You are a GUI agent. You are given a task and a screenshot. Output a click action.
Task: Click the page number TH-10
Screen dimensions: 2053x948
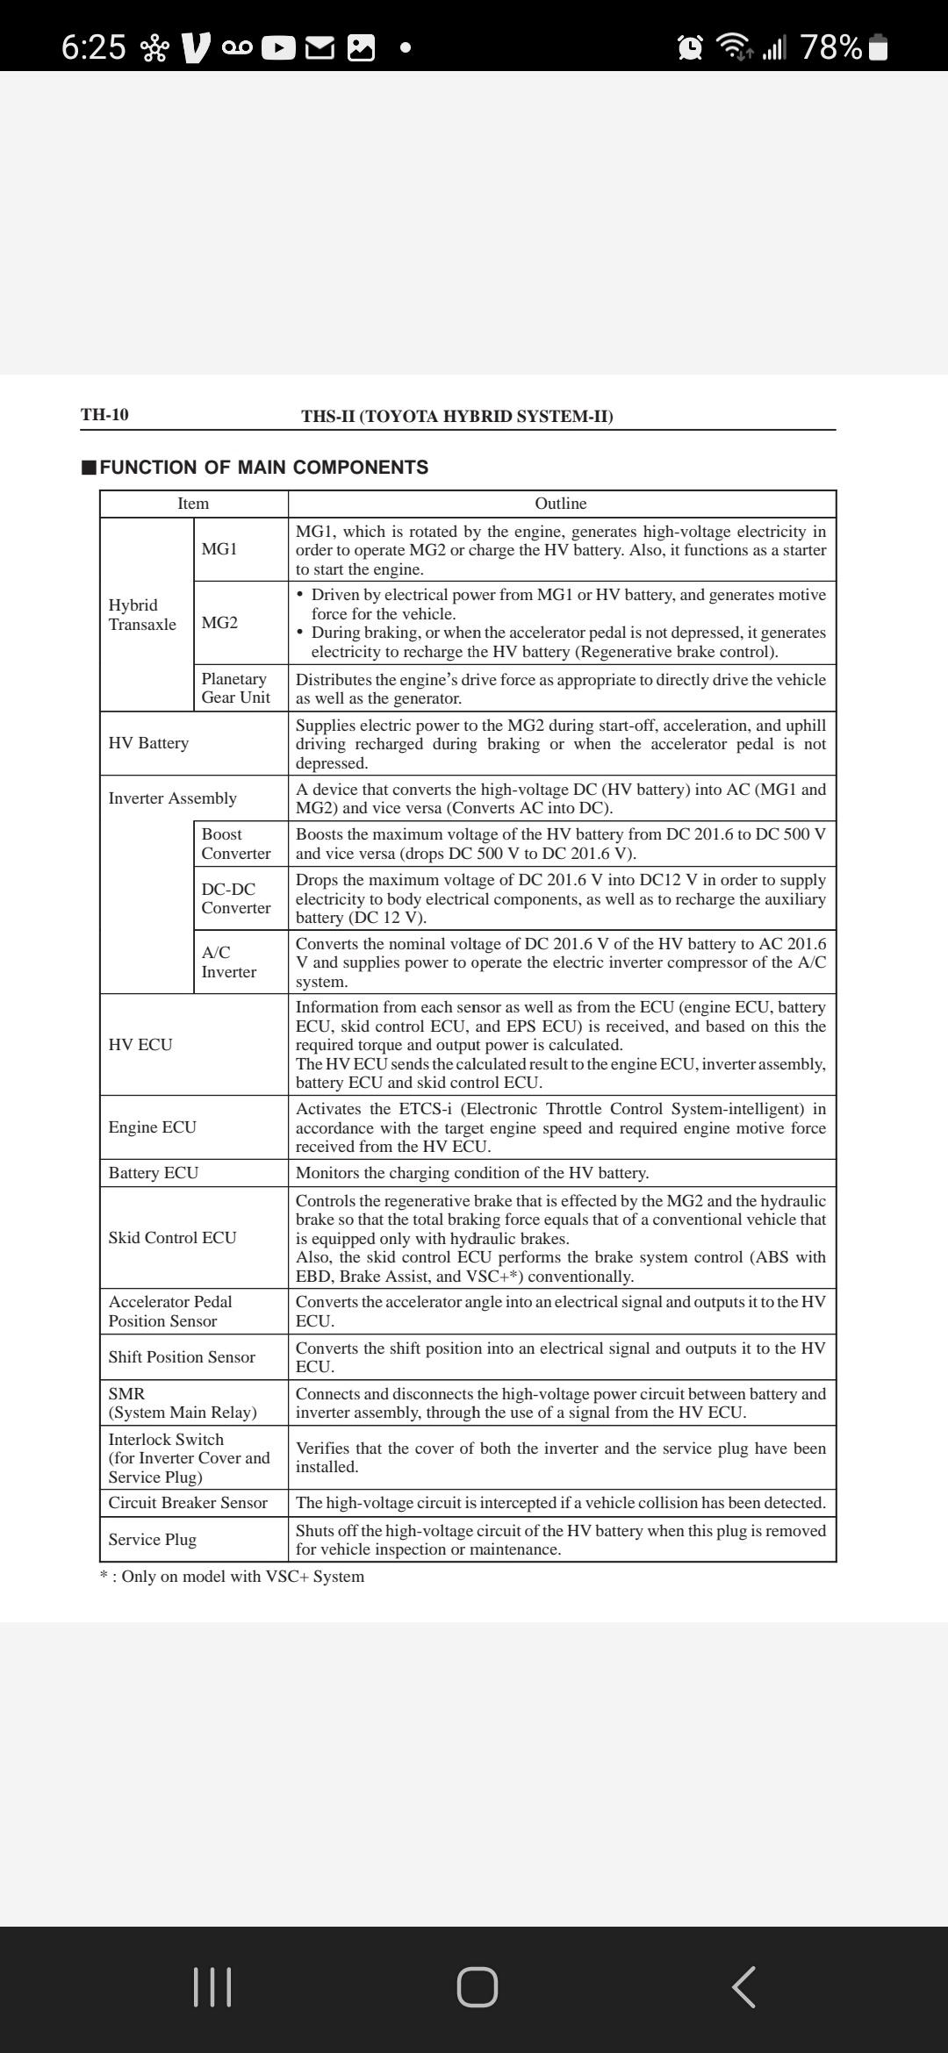[x=104, y=414]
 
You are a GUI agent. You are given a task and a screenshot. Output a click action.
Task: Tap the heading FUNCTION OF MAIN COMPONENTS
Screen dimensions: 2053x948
[x=263, y=467]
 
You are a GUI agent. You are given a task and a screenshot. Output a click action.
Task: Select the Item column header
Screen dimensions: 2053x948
[x=193, y=504]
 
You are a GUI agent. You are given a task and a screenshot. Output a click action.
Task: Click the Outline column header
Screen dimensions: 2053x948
[x=561, y=504]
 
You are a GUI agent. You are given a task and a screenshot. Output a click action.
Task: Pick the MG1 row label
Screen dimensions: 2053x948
[x=219, y=549]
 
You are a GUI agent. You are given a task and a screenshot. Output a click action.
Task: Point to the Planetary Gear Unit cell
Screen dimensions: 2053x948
[x=235, y=688]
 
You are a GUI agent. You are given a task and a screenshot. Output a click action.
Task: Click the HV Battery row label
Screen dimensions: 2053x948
[x=148, y=743]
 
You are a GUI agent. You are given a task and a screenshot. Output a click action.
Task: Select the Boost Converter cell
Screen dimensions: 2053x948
[x=235, y=843]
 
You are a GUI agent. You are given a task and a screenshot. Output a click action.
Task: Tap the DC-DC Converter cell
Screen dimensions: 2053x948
[x=235, y=898]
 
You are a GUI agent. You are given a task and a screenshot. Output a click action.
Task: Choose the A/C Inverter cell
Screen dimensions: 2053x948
[x=228, y=962]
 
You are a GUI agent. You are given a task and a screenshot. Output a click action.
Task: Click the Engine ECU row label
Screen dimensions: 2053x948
[x=152, y=1127]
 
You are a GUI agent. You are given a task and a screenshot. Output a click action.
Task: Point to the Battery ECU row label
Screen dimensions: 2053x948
[x=154, y=1173]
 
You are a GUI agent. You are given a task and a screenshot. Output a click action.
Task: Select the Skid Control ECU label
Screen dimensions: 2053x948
[x=172, y=1238]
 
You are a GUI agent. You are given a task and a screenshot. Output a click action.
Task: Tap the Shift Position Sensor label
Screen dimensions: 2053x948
[x=182, y=1357]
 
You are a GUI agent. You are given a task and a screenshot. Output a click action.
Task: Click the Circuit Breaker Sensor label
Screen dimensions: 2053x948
[x=188, y=1503]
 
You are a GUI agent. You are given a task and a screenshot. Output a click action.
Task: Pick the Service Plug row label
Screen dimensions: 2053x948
[x=152, y=1540]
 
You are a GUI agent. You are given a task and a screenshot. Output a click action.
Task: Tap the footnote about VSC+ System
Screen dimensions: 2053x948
[x=233, y=1577]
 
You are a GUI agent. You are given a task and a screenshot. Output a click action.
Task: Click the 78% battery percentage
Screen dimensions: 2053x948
[x=830, y=46]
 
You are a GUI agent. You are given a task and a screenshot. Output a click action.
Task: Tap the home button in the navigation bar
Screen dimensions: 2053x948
[x=477, y=1986]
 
